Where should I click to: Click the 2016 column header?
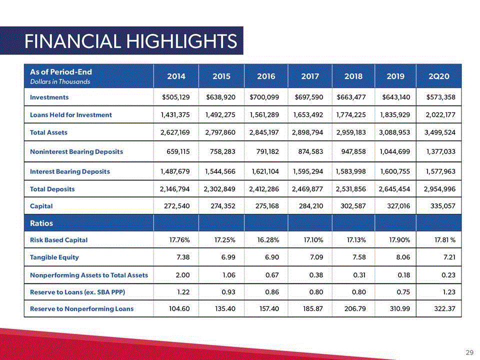pos(266,76)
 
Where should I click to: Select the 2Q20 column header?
pos(438,76)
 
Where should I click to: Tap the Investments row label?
pos(49,97)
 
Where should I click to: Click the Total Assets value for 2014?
pos(175,132)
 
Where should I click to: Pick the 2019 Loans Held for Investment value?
pos(395,115)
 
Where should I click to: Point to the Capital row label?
pos(41,206)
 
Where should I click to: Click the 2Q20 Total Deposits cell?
pos(439,189)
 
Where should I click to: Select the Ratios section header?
pos(41,223)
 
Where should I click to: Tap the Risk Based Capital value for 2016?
pos(268,240)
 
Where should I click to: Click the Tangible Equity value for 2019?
pos(403,257)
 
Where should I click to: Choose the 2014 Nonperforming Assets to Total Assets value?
pos(183,275)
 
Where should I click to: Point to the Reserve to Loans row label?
pos(77,292)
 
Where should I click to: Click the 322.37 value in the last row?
pos(445,309)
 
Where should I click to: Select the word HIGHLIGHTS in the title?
pos(182,41)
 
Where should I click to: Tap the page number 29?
pos(469,352)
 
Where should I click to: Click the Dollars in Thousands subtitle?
pos(60,81)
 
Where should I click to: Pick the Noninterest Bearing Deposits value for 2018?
pos(353,151)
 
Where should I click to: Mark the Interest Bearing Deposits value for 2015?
pos(220,171)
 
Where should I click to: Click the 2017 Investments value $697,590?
pos(309,97)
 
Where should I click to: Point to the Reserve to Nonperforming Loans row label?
pos(81,309)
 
